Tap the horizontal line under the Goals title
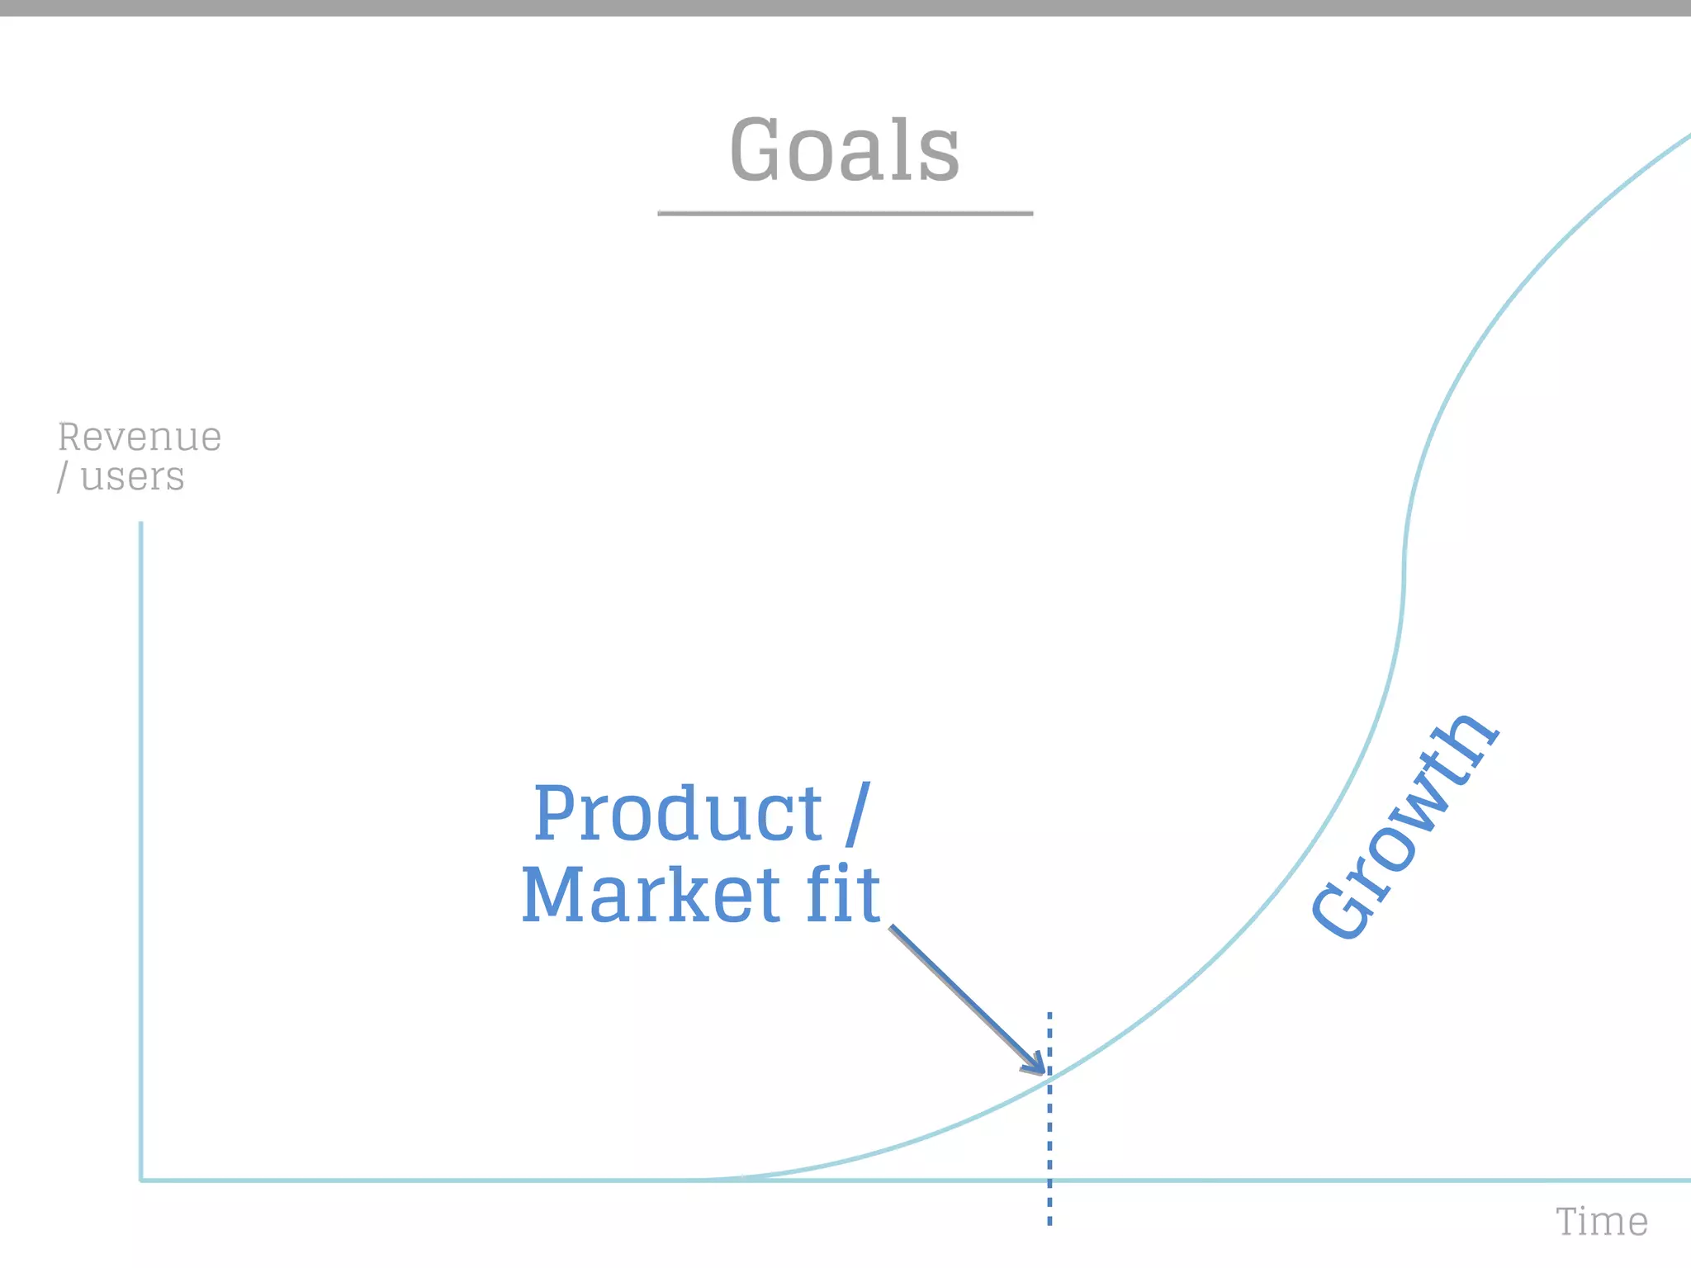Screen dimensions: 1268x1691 tap(845, 213)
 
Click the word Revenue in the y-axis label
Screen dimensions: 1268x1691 tap(140, 437)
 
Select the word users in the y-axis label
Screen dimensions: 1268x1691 tap(132, 477)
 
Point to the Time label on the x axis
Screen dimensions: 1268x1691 tap(1601, 1222)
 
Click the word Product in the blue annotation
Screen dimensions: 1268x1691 tap(677, 814)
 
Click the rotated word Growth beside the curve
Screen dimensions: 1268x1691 tap(1404, 826)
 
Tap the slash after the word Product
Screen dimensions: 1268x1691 tap(857, 814)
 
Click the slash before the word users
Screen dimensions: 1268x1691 tap(62, 477)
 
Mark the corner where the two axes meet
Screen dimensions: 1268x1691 tap(141, 1180)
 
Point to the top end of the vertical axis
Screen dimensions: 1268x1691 tap(141, 523)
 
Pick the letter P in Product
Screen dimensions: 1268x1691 tap(554, 814)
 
